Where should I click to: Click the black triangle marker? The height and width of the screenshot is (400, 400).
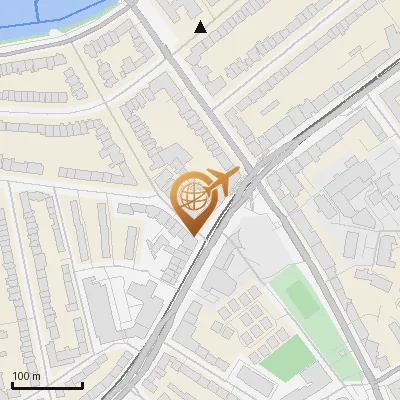[x=201, y=27]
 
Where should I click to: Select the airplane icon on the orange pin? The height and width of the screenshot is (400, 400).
[x=221, y=181]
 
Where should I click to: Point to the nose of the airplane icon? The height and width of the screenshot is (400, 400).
[x=237, y=172]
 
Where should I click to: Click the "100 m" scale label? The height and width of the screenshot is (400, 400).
[x=26, y=376]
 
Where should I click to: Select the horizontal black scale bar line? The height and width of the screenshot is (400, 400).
[x=47, y=385]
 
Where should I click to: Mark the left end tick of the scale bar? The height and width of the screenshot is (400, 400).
[x=12, y=383]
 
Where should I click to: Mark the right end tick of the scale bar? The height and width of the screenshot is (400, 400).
[x=82, y=383]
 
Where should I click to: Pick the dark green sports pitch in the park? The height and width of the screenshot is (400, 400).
[x=301, y=298]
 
